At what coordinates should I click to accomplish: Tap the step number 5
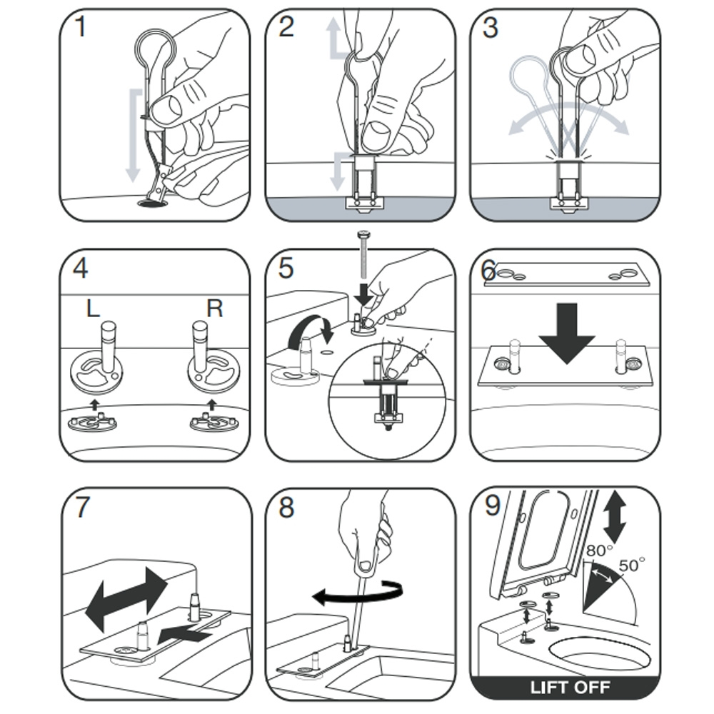pyautogui.click(x=286, y=269)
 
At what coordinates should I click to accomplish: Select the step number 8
pyautogui.click(x=286, y=508)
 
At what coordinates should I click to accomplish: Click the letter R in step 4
pyautogui.click(x=214, y=308)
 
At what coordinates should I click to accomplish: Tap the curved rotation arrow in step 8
pyautogui.click(x=357, y=594)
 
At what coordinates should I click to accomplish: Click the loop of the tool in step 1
pyautogui.click(x=156, y=50)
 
